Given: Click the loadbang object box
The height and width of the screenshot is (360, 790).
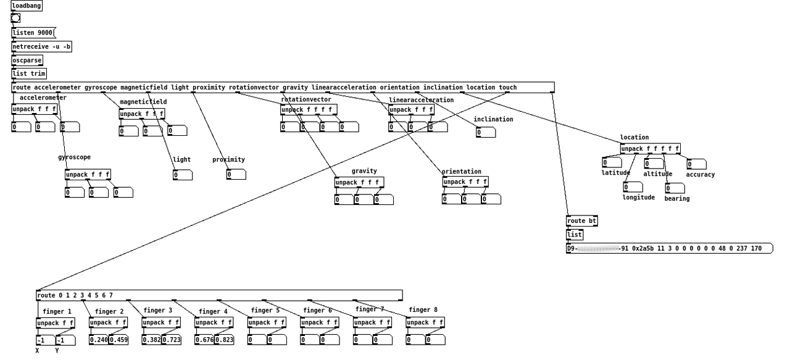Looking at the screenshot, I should click(27, 6).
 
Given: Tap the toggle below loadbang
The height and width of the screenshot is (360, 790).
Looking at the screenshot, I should click(15, 18).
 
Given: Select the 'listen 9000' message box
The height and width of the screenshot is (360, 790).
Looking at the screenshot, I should click(33, 33).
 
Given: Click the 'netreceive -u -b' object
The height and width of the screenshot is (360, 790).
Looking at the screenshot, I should click(41, 46).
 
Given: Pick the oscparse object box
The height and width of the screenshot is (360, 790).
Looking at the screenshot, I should click(27, 60).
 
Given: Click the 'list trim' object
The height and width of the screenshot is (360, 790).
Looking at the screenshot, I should click(29, 73).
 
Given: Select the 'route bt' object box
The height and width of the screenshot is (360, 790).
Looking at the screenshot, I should click(581, 221).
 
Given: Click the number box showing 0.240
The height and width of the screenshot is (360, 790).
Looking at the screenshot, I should click(99, 340).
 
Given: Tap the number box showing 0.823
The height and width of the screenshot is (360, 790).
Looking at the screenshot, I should click(224, 340).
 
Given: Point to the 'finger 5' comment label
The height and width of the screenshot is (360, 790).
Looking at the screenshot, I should click(265, 310).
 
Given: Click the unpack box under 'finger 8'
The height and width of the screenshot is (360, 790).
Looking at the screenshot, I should click(425, 322).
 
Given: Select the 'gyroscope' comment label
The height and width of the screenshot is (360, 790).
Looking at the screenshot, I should click(74, 157).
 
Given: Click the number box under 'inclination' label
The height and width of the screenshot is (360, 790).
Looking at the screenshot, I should click(486, 132).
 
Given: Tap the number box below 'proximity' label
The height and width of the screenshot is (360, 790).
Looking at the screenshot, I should click(236, 174).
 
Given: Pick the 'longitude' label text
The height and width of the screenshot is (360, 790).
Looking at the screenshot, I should click(639, 198).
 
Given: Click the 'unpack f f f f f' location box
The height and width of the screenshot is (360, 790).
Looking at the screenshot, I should click(650, 148).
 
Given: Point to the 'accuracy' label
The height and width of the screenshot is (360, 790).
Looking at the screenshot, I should click(700, 175).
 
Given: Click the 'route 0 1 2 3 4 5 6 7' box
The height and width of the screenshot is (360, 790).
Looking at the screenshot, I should click(219, 295).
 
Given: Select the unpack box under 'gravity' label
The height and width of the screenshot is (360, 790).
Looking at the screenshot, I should click(359, 182).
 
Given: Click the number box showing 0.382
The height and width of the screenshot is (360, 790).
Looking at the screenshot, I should click(152, 340).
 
